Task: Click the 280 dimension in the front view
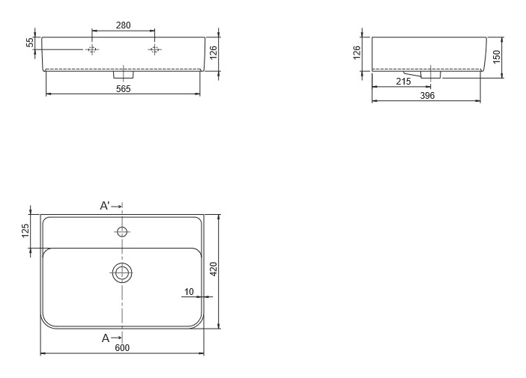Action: [x=123, y=25]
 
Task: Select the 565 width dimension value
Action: [x=123, y=89]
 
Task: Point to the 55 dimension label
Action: [x=30, y=42]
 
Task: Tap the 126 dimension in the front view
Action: [x=214, y=52]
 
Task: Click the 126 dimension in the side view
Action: [x=357, y=52]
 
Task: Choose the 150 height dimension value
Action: [x=497, y=57]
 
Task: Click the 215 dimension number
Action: [x=403, y=82]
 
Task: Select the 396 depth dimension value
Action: [x=427, y=96]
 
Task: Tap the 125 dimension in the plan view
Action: [x=25, y=231]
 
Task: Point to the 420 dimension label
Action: [x=214, y=269]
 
